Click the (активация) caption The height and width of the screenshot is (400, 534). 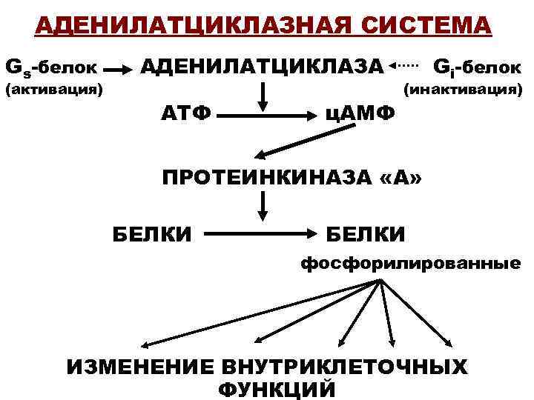[53, 91]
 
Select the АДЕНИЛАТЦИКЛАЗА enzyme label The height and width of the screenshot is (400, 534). [263, 69]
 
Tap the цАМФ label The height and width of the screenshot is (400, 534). [360, 116]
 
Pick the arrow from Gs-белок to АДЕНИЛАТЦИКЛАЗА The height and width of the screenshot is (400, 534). [119, 71]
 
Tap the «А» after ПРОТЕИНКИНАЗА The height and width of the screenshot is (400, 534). [410, 179]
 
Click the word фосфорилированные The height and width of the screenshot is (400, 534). [409, 263]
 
